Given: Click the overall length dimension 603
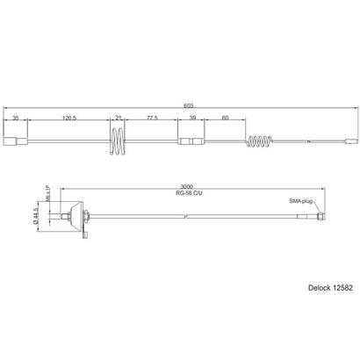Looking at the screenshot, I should [188, 105].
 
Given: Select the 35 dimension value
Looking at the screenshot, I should [16, 116].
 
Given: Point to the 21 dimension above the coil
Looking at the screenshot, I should [119, 116].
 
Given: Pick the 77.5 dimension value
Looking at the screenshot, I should [152, 116].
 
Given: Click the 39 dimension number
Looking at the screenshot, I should [192, 116].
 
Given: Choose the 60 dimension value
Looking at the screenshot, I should [226, 116].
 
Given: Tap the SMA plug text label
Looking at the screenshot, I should [301, 201].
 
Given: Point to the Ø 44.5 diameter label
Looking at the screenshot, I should [38, 215].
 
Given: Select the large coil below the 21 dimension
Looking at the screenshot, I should [119, 140].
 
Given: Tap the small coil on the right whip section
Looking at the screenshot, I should [261, 140].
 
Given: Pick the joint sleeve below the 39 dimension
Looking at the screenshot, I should [191, 140].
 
